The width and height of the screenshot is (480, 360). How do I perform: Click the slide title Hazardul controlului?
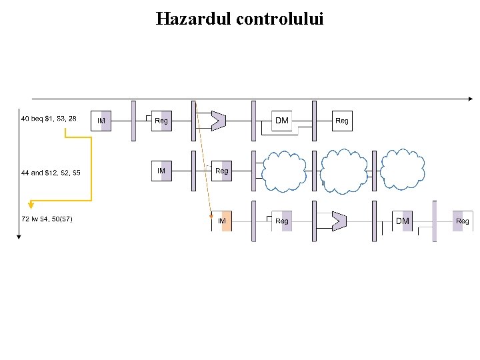click(239, 19)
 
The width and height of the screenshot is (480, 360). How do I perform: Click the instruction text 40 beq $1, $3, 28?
click(49, 119)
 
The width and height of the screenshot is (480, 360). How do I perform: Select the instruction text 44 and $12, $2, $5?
click(51, 173)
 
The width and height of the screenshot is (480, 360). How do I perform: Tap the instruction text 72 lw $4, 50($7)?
click(47, 219)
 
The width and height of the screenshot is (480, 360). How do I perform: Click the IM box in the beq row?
click(101, 121)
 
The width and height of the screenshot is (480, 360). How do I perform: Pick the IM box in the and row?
click(161, 171)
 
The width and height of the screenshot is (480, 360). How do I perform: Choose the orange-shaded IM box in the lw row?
click(222, 221)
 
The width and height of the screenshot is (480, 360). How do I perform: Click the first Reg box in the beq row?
click(161, 121)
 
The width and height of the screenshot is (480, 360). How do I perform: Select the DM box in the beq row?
click(282, 121)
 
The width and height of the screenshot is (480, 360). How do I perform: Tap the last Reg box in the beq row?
click(342, 121)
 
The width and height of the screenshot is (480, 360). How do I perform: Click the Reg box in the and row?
click(222, 171)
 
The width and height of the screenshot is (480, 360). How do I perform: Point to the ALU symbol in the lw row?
click(339, 220)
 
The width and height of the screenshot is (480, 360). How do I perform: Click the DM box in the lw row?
click(403, 221)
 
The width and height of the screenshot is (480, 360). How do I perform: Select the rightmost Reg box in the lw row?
click(462, 221)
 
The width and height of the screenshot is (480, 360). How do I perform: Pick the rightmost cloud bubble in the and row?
click(403, 171)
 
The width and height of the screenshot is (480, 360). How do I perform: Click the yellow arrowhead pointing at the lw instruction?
click(31, 205)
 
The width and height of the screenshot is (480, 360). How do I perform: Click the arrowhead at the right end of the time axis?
click(469, 99)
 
